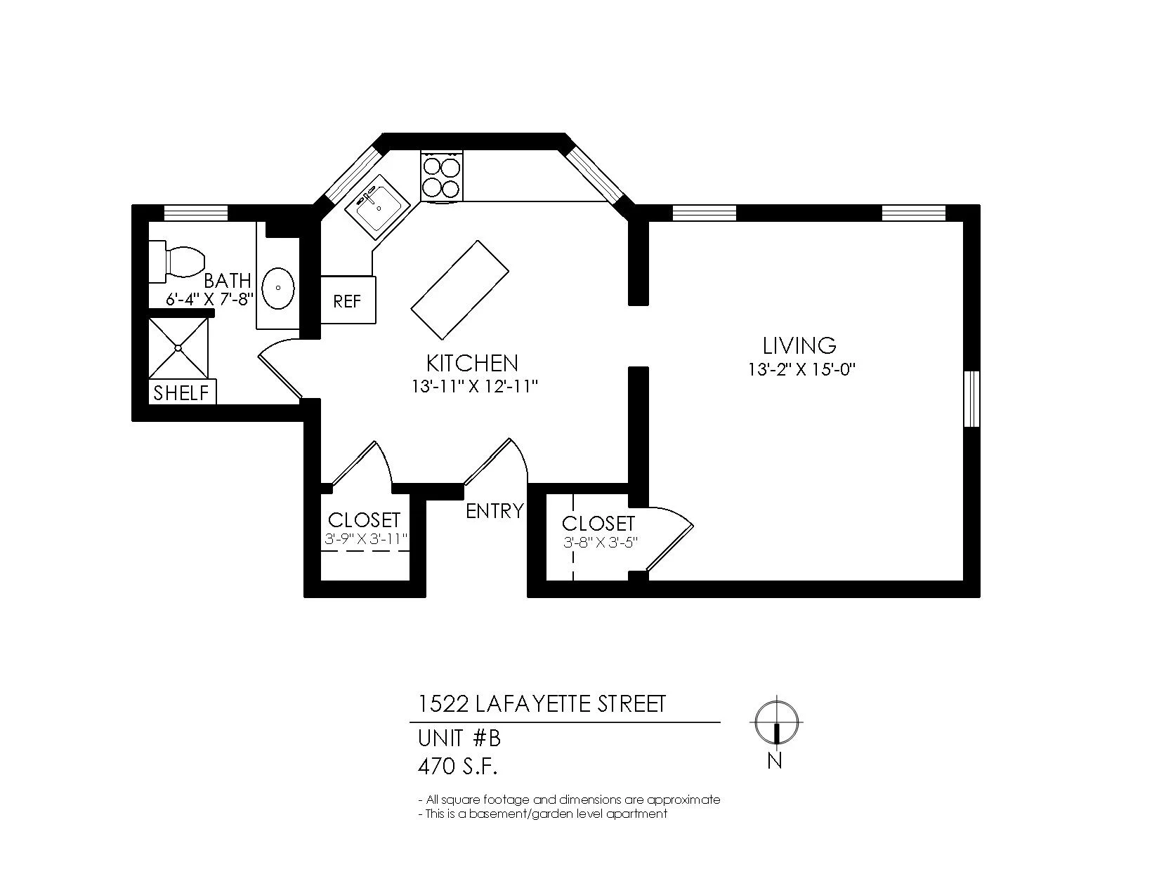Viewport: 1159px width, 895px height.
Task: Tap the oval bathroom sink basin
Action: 278,288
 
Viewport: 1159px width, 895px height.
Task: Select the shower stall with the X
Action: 178,348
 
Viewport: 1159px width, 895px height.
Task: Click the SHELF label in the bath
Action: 181,393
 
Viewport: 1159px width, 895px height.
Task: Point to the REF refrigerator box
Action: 348,300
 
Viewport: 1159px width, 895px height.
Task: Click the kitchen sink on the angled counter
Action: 377,207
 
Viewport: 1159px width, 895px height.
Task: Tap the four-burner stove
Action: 442,176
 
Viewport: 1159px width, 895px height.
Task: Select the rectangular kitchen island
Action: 460,289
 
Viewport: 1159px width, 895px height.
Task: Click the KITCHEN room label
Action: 473,363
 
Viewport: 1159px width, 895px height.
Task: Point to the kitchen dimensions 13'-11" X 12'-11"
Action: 474,387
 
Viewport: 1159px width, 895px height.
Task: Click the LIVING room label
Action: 799,346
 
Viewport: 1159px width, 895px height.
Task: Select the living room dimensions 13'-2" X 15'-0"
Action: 801,369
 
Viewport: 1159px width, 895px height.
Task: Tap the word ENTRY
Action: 495,511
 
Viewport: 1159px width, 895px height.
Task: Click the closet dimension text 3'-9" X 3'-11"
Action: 367,539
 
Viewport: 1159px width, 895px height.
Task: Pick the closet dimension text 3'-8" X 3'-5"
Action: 601,543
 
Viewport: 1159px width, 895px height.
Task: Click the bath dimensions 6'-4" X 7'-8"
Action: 209,300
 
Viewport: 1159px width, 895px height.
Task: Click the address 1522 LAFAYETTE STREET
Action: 542,704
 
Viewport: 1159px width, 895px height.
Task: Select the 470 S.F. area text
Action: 457,767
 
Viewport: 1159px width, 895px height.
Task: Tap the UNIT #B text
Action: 459,738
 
